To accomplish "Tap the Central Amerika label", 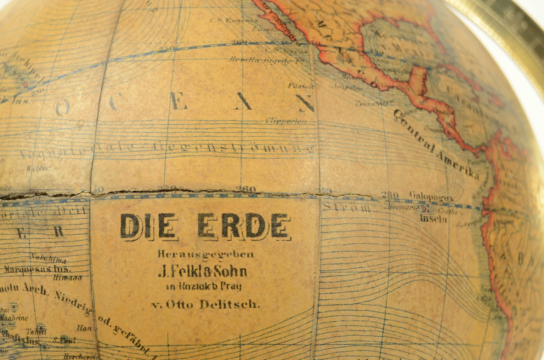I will [436, 145].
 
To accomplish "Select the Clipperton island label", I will [286, 121].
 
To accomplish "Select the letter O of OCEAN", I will [62, 109].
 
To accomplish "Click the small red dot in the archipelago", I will [25, 85].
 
